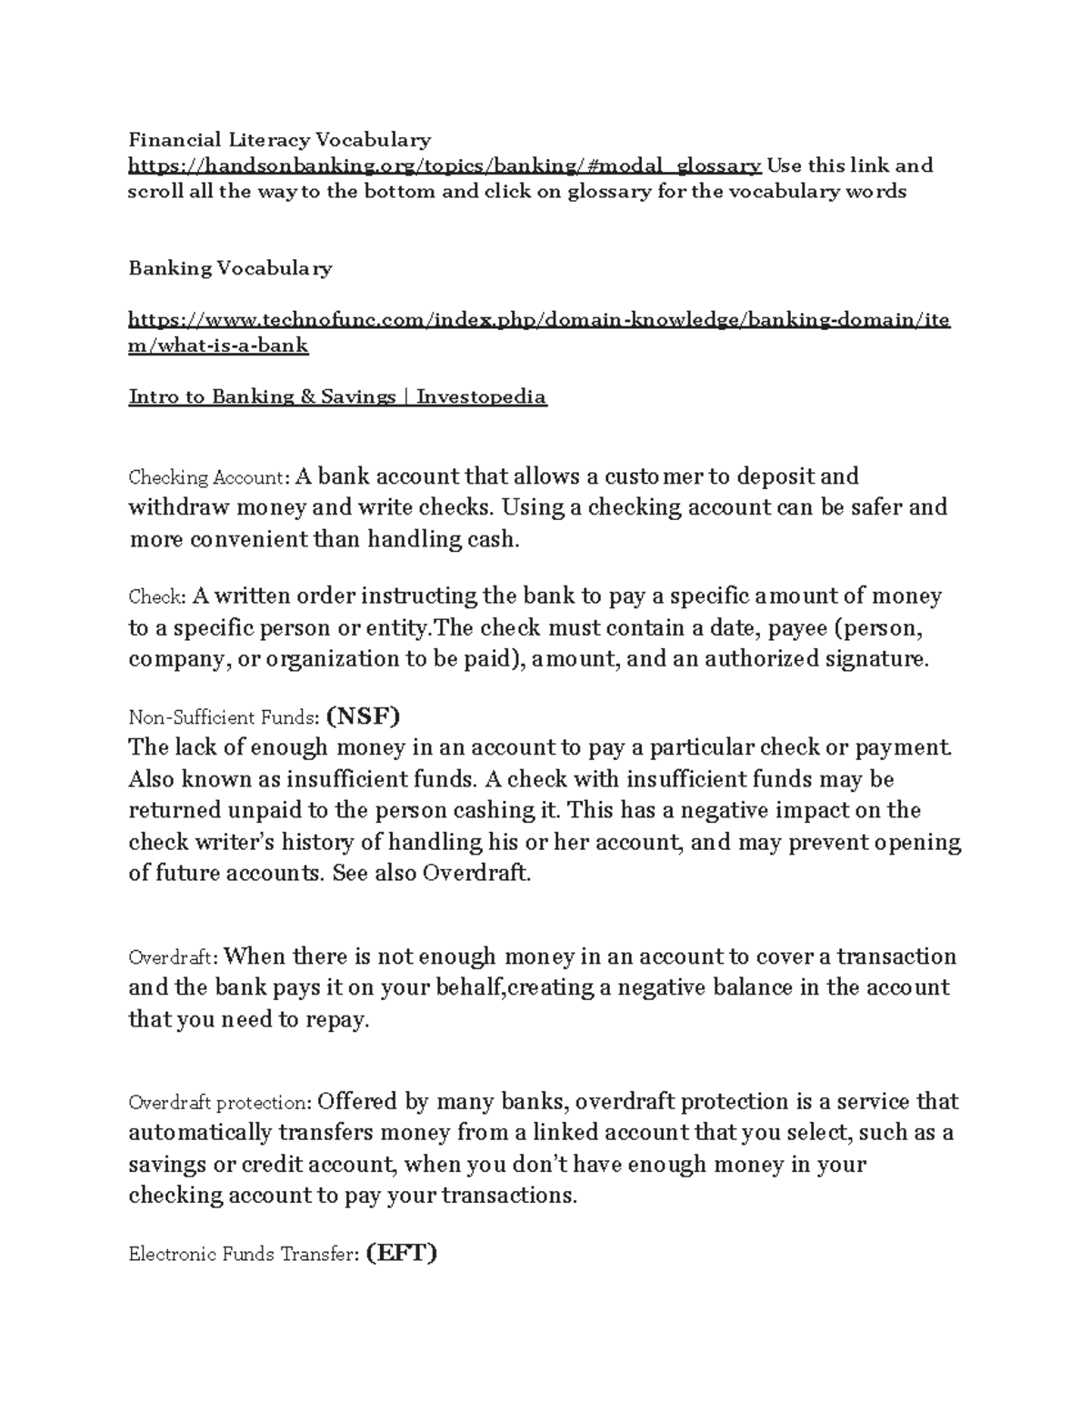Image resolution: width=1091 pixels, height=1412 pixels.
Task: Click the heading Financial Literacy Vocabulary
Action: (x=279, y=139)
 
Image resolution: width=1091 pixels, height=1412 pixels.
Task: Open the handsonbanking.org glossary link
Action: (x=445, y=165)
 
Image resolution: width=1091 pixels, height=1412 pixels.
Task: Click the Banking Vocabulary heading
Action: (x=230, y=268)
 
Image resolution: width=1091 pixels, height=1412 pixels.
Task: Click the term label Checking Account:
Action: (x=209, y=478)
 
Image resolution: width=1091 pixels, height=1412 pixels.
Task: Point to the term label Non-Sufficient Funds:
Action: (x=224, y=718)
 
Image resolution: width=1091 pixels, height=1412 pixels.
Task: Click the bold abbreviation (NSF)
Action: (x=363, y=716)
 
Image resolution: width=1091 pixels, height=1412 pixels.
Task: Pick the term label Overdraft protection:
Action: (x=221, y=1103)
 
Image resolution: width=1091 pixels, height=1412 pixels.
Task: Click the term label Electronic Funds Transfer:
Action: (x=243, y=1256)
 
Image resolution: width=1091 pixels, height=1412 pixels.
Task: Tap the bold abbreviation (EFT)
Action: (x=401, y=1254)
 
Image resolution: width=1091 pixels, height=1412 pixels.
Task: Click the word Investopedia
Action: (x=481, y=396)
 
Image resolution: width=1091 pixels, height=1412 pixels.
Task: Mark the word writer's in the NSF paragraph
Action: (x=222, y=843)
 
